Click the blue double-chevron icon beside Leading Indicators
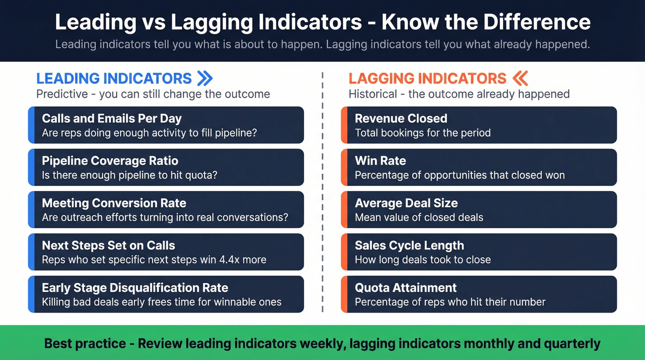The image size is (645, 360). point(205,78)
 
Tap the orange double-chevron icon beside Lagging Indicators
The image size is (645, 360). point(520,78)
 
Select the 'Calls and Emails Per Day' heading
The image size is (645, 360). point(111,118)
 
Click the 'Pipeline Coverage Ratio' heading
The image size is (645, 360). point(110,161)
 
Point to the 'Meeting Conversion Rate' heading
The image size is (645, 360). point(114,203)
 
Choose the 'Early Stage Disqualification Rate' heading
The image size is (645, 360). point(135,288)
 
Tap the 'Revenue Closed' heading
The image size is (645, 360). point(401,118)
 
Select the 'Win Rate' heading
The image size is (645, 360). point(380,161)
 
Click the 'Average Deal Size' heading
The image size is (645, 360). point(406,203)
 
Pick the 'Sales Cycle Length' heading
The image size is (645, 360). point(409,246)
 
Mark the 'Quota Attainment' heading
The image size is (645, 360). point(405,288)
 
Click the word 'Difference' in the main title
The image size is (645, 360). point(529,22)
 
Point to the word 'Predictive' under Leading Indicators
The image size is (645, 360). point(62,94)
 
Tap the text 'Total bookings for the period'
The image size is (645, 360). point(422,133)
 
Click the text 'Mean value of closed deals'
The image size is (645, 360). point(419,218)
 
